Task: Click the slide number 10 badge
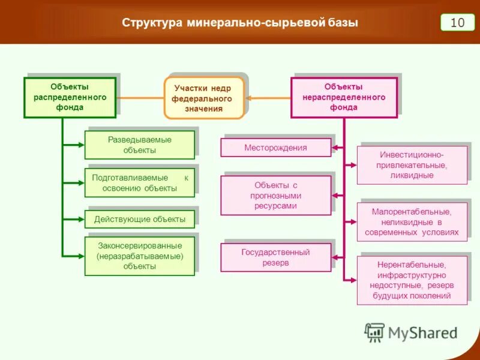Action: coord(457,22)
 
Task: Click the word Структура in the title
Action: coord(152,23)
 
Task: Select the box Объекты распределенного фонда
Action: coord(70,97)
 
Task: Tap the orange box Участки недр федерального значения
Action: coord(204,98)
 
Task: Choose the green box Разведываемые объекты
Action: coord(140,145)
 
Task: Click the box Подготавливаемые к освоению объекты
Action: coord(140,182)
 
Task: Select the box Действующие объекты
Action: coord(140,219)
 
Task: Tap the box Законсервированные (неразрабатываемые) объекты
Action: coord(140,256)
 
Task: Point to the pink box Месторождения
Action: coord(275,148)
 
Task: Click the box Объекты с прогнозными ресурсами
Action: coord(275,195)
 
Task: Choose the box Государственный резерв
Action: coord(275,257)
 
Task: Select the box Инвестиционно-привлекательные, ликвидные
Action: coord(412,165)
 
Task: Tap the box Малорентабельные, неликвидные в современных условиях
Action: coord(412,221)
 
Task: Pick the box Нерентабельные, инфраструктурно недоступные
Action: coord(412,280)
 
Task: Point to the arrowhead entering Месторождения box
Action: coord(336,148)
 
